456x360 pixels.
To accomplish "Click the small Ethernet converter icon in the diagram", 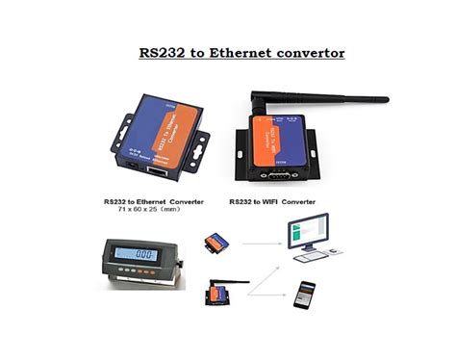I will (218, 243).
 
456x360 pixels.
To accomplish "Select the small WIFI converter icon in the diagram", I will (219, 290).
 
